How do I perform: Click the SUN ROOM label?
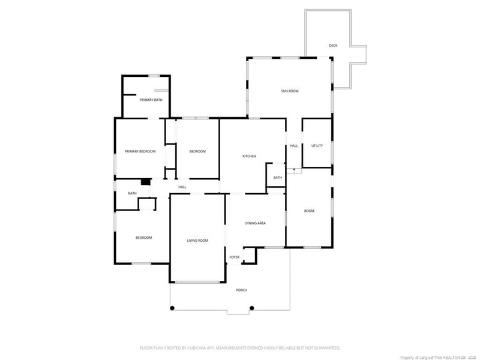coord(290,91)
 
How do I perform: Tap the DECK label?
coord(333,46)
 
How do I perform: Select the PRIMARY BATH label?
coord(151,100)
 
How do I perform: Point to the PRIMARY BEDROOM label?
coord(140,151)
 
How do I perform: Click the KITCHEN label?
coord(249,156)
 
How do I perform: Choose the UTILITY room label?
coord(317,146)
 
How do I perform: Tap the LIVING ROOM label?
coord(197,241)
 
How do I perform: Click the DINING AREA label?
coord(256,223)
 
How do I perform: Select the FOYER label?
coord(234,257)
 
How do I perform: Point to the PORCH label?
coord(242,290)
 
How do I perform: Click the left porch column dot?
coord(172,308)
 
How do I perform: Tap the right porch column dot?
coord(251,308)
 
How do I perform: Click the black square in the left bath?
coord(145,182)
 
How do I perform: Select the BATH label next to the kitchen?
coord(277,178)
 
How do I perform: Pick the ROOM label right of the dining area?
coord(309,211)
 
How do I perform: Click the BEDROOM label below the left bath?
coord(143,238)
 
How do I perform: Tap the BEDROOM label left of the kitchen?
coord(197,151)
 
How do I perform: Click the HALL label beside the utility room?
coord(294,146)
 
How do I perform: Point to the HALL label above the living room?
coord(182,187)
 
